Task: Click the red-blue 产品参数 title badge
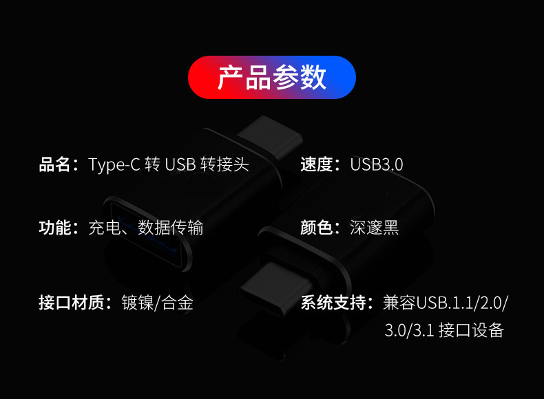click(x=272, y=78)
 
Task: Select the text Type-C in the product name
click(x=114, y=165)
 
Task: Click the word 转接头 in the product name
click(x=224, y=165)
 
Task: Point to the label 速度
click(x=317, y=165)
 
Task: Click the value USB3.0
click(x=377, y=165)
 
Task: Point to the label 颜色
click(x=317, y=228)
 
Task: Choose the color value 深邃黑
click(x=375, y=228)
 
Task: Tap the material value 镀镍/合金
click(x=157, y=303)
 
